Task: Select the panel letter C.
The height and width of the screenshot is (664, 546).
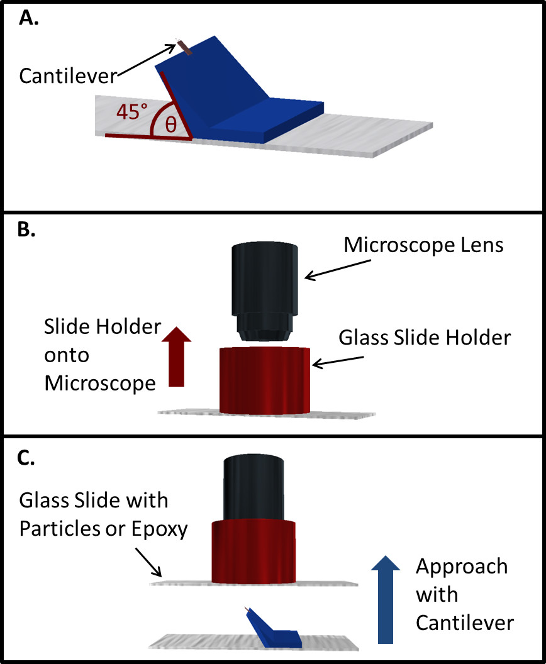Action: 26,458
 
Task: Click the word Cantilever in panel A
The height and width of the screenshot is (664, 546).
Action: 68,76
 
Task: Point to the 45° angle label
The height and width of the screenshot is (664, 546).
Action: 131,112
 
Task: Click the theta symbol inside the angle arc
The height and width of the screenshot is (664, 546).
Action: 170,124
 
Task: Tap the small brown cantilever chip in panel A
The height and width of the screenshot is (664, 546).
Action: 184,47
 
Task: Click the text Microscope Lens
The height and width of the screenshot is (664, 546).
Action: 423,245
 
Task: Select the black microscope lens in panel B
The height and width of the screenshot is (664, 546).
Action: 264,291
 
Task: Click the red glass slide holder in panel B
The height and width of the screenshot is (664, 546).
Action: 264,380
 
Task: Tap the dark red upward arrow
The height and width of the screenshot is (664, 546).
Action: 176,357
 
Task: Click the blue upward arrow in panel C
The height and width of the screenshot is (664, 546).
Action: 386,599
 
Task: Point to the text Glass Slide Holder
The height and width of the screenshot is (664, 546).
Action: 425,338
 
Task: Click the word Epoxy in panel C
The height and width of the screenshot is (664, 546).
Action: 159,529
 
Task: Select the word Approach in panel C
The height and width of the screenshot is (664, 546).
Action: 462,567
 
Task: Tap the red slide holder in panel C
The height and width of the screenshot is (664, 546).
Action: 253,551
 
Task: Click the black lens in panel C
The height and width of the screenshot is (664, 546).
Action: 253,487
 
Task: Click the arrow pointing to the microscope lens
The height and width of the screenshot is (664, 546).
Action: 338,270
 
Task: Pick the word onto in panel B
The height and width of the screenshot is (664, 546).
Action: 67,355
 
